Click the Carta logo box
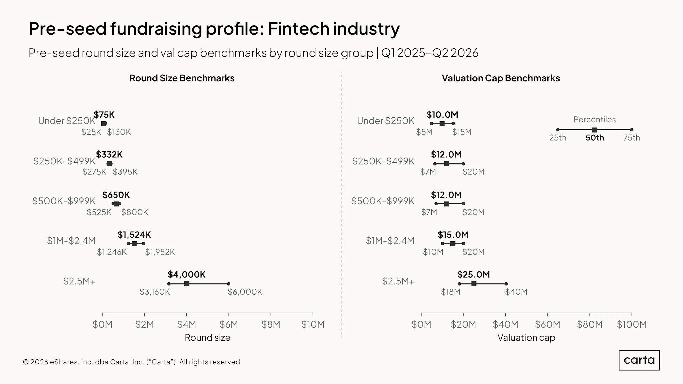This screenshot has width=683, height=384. [x=639, y=360]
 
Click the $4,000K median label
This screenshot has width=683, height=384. [x=187, y=275]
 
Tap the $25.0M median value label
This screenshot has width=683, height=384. [x=474, y=275]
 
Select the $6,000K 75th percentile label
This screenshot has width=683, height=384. [x=245, y=292]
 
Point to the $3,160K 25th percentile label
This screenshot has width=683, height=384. [x=155, y=292]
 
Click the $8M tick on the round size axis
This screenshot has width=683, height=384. [x=271, y=324]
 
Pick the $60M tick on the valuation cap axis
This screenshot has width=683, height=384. [x=548, y=324]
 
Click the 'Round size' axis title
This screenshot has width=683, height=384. [x=207, y=338]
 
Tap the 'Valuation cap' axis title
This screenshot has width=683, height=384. [x=526, y=338]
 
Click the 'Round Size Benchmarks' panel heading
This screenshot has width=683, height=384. [x=182, y=78]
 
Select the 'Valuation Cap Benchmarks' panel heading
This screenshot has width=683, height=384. [x=501, y=78]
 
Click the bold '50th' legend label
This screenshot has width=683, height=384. [x=595, y=138]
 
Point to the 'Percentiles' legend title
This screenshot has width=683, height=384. [x=595, y=120]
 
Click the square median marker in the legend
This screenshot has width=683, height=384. [x=594, y=130]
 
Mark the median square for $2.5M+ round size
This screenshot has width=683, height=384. [x=187, y=284]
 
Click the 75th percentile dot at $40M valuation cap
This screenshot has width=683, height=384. [x=506, y=284]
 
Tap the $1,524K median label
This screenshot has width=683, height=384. [x=134, y=235]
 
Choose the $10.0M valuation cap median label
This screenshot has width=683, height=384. [x=442, y=115]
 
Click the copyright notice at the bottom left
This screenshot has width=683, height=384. [x=132, y=362]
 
